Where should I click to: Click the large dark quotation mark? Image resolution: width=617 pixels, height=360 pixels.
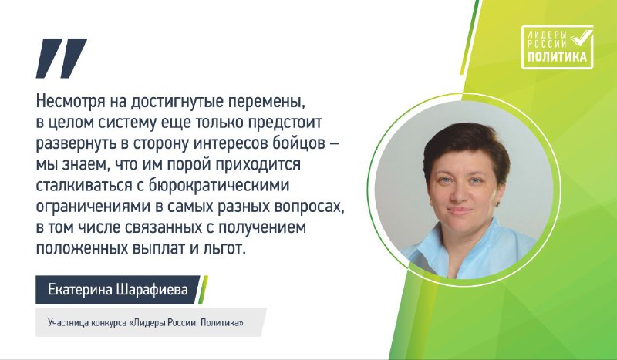(x=62, y=58)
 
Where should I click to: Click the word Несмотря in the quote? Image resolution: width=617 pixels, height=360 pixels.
(x=71, y=102)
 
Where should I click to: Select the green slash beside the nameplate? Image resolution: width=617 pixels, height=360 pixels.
(x=203, y=290)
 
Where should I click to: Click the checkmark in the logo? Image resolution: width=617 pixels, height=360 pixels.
(x=582, y=36)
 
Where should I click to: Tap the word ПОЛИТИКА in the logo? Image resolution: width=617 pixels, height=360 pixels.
(x=557, y=57)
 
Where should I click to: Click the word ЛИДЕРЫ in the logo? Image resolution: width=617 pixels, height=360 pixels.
(x=548, y=35)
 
